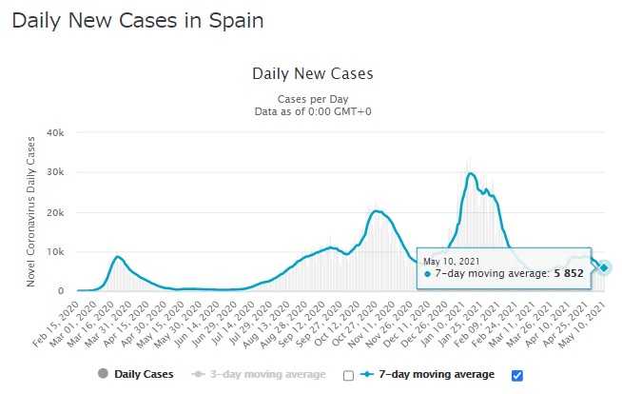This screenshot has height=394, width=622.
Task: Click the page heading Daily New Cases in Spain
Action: click(x=138, y=20)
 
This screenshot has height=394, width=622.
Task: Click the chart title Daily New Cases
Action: click(x=313, y=73)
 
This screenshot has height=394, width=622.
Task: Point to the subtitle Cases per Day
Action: click(x=313, y=98)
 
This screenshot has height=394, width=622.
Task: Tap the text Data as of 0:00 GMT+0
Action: click(x=313, y=111)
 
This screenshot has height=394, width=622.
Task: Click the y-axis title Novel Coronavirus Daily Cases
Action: click(x=31, y=211)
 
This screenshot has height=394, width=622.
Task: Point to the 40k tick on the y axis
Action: click(x=55, y=133)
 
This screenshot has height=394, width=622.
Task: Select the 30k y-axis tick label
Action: click(x=55, y=172)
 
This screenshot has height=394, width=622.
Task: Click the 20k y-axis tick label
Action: click(x=55, y=212)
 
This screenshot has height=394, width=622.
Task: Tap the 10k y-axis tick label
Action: click(x=55, y=251)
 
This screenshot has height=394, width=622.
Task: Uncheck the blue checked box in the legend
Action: click(x=517, y=375)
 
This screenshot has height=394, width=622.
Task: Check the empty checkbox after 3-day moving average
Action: click(x=348, y=375)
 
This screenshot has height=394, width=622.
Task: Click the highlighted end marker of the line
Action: click(x=605, y=267)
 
